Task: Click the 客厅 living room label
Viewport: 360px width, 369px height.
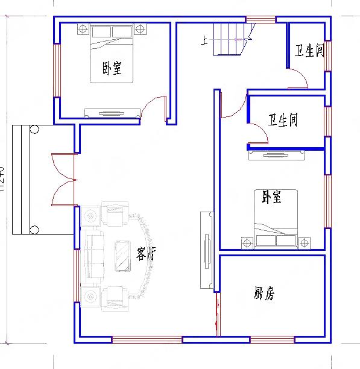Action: coord(145,254)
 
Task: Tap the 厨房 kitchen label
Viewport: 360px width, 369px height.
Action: coord(264,294)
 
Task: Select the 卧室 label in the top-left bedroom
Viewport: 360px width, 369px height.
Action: coord(112,69)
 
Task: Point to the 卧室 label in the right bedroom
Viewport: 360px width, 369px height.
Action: coord(271,197)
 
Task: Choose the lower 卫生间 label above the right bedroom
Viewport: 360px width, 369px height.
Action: coord(283,121)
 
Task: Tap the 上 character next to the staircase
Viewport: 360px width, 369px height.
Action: coord(205,41)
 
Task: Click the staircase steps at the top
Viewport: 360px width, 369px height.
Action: coord(230,39)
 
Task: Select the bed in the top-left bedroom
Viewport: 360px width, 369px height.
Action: coord(112,54)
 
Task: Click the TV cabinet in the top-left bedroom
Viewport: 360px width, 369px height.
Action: coord(112,113)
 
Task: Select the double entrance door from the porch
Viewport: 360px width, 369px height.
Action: coord(63,179)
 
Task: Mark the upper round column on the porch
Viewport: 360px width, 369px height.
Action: coord(34,129)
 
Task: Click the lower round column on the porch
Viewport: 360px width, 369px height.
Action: coord(34,229)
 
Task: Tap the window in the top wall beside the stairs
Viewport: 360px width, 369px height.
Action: coord(261,19)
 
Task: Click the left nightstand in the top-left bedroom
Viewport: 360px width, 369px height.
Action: coord(82,29)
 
